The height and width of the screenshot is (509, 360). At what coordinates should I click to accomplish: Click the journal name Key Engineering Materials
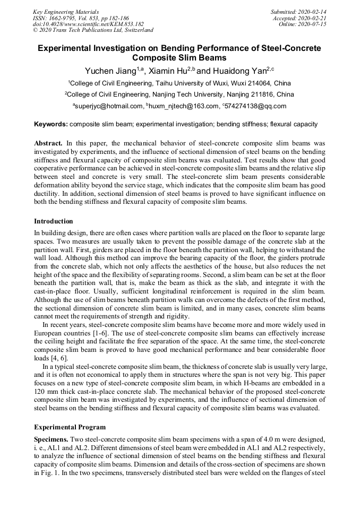[x=65, y=11]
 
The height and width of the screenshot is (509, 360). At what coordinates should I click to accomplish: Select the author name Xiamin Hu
[x=169, y=71]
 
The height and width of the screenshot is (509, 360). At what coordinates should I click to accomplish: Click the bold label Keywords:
[x=51, y=125]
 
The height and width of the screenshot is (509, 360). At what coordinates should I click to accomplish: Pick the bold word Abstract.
[x=49, y=143]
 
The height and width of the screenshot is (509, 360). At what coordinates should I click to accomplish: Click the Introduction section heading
[x=54, y=221]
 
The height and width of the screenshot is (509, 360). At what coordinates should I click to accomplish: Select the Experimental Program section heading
[x=70, y=427]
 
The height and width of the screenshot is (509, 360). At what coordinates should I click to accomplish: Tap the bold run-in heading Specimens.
[x=53, y=440]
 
